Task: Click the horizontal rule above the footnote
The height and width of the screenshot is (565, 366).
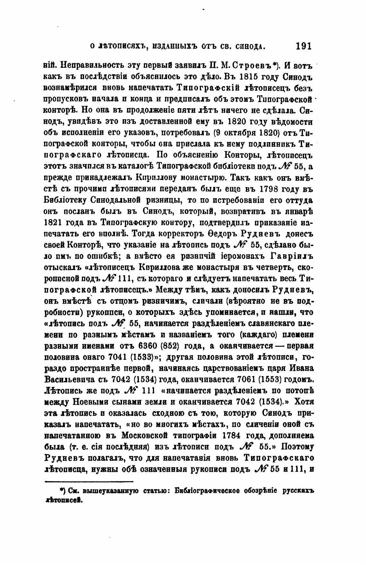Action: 89,481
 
